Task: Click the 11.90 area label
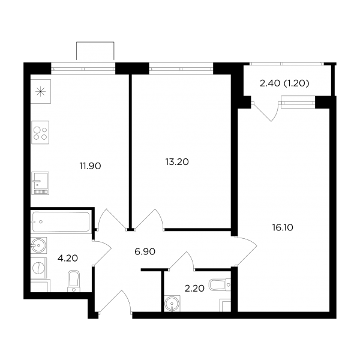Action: [90, 166]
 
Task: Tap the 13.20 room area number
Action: [177, 162]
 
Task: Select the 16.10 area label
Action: [283, 227]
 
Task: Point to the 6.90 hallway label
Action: [145, 251]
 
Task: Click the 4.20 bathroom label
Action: [67, 258]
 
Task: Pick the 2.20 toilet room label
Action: [194, 289]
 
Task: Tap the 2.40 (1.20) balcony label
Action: [284, 83]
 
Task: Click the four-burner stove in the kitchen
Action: [40, 133]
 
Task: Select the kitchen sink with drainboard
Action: [40, 184]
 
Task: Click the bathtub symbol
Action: [61, 222]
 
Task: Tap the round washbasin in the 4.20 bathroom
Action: [39, 245]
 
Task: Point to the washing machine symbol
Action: [39, 268]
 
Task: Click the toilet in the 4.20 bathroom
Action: [73, 281]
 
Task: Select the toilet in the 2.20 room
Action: [220, 284]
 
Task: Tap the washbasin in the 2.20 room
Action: [172, 304]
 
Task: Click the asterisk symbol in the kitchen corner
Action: [40, 92]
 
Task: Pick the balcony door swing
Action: [266, 112]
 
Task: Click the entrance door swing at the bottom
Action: [115, 301]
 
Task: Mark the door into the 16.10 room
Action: [246, 251]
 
